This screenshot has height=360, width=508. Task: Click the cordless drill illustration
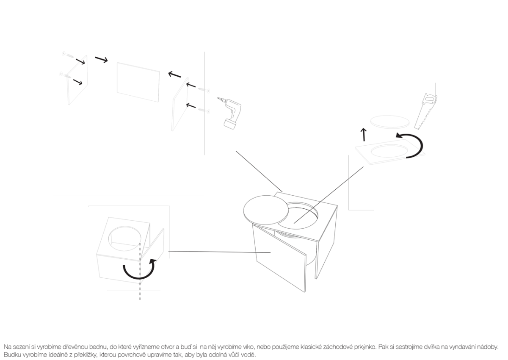point(231,114)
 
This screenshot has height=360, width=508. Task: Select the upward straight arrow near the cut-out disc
point(364,135)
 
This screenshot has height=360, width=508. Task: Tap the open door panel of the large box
point(280,259)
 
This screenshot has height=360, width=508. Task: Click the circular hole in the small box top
point(125,238)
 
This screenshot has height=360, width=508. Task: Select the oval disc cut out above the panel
point(390,122)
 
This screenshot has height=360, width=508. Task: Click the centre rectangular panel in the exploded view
point(138,82)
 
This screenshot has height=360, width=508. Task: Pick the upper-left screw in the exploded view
point(68,55)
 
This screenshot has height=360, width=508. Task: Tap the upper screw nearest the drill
point(204,90)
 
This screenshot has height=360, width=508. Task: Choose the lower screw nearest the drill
point(204,111)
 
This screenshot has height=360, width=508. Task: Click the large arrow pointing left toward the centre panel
point(174,74)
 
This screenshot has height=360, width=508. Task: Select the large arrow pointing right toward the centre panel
point(101,59)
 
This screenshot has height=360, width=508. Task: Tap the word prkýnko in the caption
point(364,347)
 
